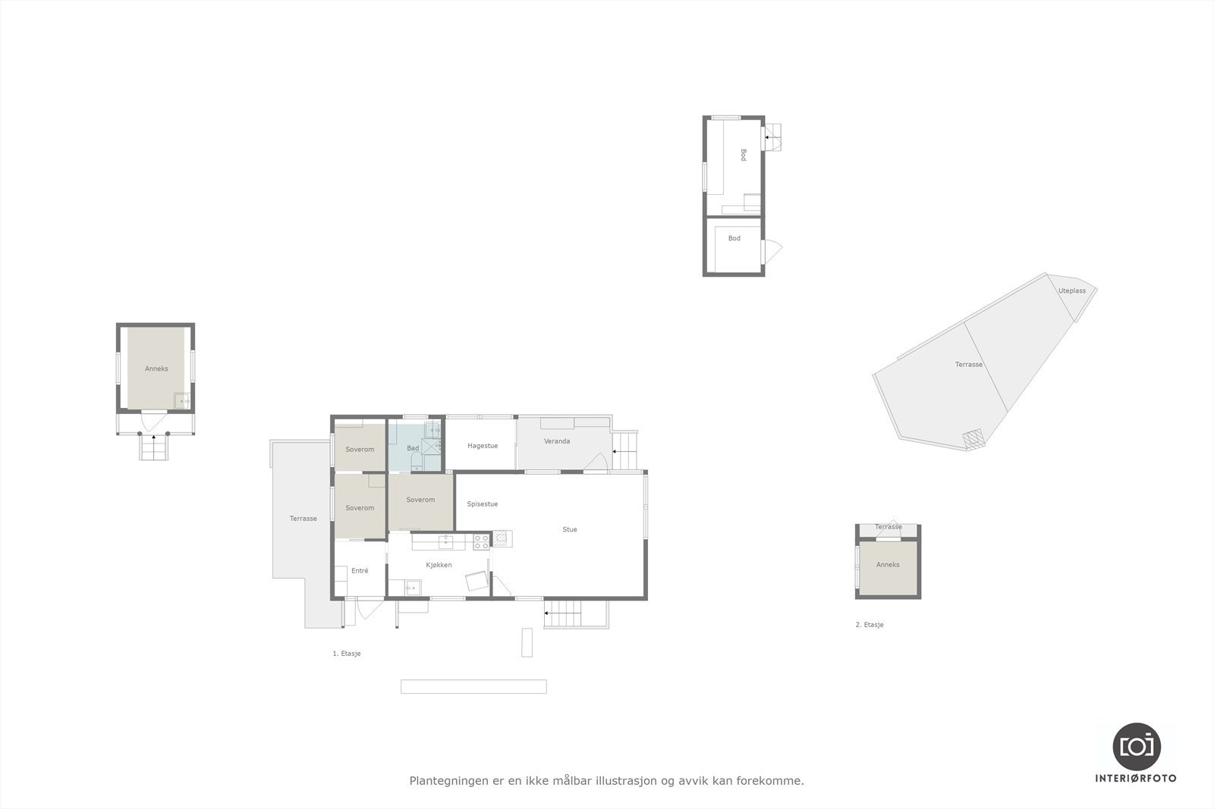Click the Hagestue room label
[483, 446]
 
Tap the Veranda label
[557, 441]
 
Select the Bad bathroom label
[413, 448]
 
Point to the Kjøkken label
[439, 565]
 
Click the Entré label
[360, 570]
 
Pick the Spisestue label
[483, 503]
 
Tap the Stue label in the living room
[570, 529]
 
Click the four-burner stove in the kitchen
[482, 541]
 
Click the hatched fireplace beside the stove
[502, 539]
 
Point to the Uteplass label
[1072, 290]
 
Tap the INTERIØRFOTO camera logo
[1136, 746]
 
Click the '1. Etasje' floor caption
[347, 654]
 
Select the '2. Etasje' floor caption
[870, 625]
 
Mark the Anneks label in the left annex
[156, 368]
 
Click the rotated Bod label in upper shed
[744, 155]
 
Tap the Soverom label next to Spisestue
[420, 500]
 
